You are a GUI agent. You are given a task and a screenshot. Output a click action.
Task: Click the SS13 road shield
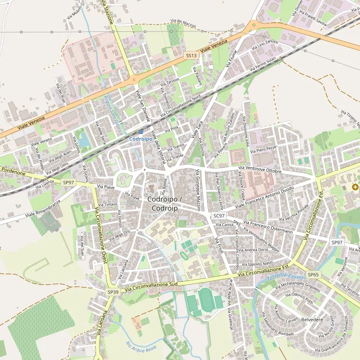[x=191, y=55]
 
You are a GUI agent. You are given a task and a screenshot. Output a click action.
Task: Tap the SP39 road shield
[x=112, y=292]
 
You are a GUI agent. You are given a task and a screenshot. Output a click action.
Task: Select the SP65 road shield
[x=313, y=274]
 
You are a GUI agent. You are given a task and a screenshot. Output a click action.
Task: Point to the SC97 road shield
[x=219, y=216]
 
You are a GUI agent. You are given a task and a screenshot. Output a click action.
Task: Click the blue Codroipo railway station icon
[x=141, y=133]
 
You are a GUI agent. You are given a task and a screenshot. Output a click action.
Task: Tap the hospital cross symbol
[x=355, y=187]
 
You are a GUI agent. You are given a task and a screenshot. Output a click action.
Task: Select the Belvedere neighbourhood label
[x=312, y=320]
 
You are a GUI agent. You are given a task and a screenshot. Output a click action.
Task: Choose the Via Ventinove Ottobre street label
[x=260, y=169]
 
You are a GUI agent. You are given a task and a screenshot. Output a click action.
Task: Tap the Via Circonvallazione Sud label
[x=151, y=287]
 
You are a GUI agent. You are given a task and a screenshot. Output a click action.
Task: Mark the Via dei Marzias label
[x=183, y=23]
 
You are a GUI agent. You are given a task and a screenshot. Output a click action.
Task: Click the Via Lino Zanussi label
[x=265, y=45]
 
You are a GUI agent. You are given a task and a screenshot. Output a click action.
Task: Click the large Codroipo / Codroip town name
[x=163, y=203]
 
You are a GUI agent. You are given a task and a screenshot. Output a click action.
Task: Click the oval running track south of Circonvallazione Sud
[x=205, y=299]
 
